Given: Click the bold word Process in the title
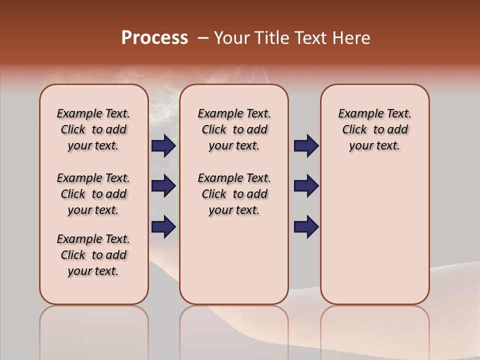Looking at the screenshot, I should pos(154,38).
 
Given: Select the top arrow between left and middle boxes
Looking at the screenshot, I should pos(163,146).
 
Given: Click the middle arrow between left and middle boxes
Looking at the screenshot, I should pos(163,186).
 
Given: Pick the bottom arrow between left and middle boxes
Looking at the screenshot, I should pos(163,226).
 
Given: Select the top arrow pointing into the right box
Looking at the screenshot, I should pos(306,146).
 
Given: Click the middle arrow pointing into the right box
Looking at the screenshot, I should pos(306,186).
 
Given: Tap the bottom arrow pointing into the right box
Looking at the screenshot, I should pos(306,226).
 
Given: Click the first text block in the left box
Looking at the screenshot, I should pos(93,129).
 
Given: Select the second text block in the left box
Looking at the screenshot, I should pos(93,194).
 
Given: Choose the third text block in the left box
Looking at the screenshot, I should pos(93,255).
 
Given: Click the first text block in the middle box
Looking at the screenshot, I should pos(234,129).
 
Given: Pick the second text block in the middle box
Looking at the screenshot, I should pos(234,194).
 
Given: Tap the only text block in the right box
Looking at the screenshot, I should pos(375,129).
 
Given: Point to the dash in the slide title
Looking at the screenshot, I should pos(203,38).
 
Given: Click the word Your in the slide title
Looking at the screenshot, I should pos(232,38).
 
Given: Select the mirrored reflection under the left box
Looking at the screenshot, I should pos(94,330).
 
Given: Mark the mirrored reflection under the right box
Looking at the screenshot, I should pos(375,330).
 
